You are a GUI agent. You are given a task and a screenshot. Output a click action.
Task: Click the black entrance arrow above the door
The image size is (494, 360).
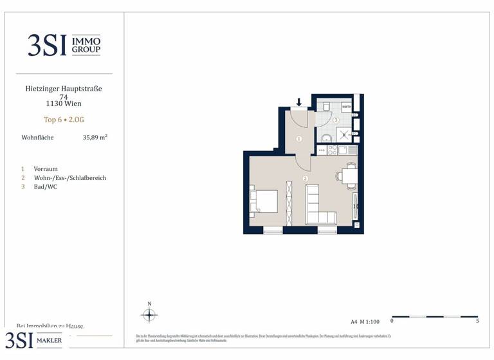point(299,102)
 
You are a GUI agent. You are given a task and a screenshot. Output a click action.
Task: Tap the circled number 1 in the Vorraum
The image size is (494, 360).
point(299,139)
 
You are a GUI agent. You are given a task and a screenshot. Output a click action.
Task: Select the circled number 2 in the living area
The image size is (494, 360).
point(305,178)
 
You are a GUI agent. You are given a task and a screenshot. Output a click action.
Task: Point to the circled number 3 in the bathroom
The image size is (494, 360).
point(336,120)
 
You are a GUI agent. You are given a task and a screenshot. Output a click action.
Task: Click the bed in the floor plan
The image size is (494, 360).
point(264,201)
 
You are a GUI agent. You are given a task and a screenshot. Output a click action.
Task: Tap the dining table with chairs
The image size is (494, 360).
point(349,176)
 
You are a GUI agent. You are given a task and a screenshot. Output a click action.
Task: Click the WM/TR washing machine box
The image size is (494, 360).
point(346,107)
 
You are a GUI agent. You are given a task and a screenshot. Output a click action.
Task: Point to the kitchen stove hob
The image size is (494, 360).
point(333,150)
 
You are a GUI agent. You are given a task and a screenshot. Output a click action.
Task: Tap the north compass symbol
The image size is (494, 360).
point(149,314)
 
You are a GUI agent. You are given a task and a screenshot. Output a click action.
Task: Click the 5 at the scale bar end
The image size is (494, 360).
point(477,321)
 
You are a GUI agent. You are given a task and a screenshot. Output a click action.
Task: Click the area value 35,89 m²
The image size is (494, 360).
point(95,138)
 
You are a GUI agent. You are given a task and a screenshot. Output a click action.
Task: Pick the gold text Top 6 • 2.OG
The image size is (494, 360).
point(63,120)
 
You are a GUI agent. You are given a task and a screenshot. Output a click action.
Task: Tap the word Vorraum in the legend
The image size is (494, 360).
point(46,169)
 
